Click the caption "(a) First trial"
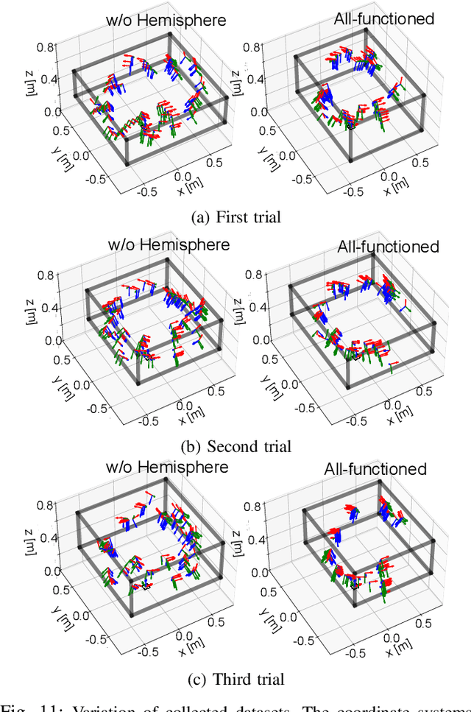(x=235, y=217)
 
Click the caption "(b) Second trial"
(x=235, y=446)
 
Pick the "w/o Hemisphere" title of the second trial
(x=169, y=244)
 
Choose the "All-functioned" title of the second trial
(x=388, y=247)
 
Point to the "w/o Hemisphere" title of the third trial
(x=167, y=467)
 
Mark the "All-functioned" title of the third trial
(x=375, y=469)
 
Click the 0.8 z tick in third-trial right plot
(x=253, y=507)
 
